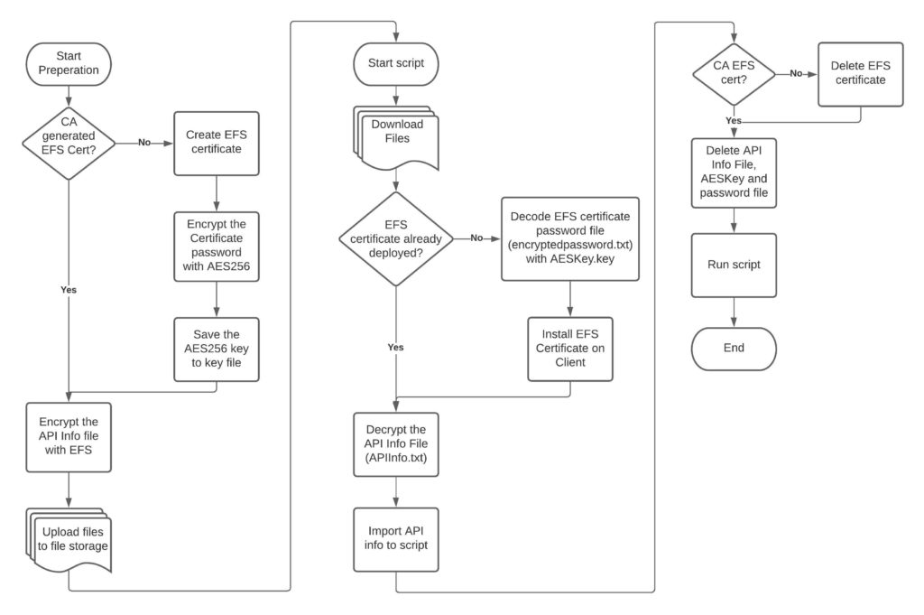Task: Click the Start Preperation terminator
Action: [69, 64]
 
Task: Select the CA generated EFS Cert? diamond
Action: [69, 143]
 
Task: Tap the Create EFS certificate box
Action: [217, 144]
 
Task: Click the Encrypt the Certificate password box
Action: [217, 247]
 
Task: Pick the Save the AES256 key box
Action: [217, 349]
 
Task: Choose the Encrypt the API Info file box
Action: [69, 437]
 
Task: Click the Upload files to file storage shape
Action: [69, 540]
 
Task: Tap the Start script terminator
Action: [396, 64]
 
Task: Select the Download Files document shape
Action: [396, 138]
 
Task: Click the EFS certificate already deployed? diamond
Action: [396, 238]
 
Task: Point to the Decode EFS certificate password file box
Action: [570, 238]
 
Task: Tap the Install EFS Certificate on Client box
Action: [570, 349]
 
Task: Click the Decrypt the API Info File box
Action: [396, 444]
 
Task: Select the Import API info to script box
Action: [396, 539]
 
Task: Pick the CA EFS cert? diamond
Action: [734, 74]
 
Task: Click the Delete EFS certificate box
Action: [860, 74]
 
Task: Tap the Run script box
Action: [734, 266]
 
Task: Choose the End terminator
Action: [734, 349]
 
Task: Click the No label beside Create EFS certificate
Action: [144, 142]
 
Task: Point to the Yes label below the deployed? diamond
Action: [395, 348]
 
